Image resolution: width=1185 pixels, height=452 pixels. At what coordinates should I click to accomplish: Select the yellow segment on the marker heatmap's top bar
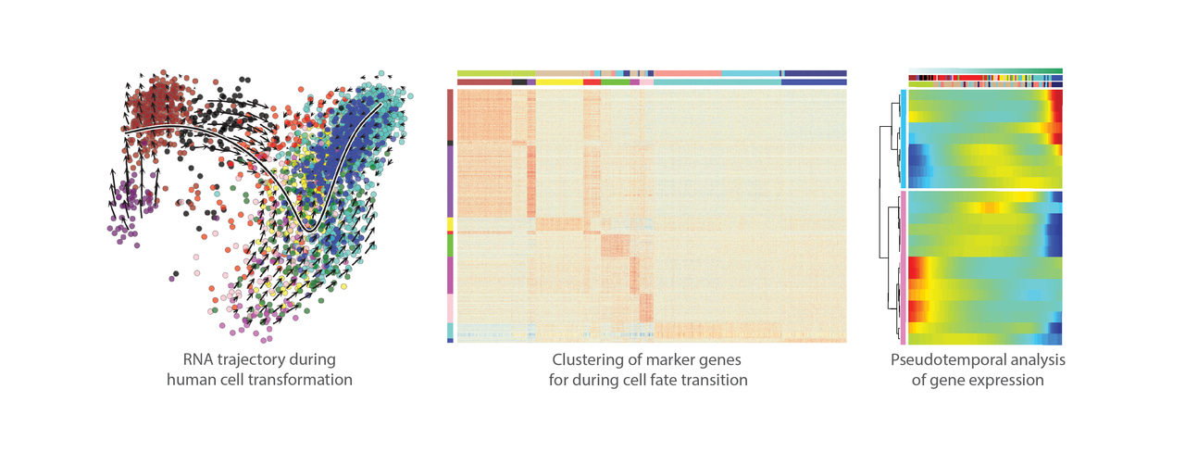[x=559, y=82]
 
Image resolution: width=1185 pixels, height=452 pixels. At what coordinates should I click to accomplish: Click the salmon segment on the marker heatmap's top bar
[x=687, y=73]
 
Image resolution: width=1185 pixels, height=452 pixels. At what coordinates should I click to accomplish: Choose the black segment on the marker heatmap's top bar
[x=519, y=82]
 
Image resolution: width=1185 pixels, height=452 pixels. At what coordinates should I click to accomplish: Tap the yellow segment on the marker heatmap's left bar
[x=450, y=223]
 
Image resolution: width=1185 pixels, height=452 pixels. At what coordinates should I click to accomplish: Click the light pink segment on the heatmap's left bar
[x=450, y=308]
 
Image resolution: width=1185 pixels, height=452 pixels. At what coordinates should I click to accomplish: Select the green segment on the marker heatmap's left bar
[x=450, y=245]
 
